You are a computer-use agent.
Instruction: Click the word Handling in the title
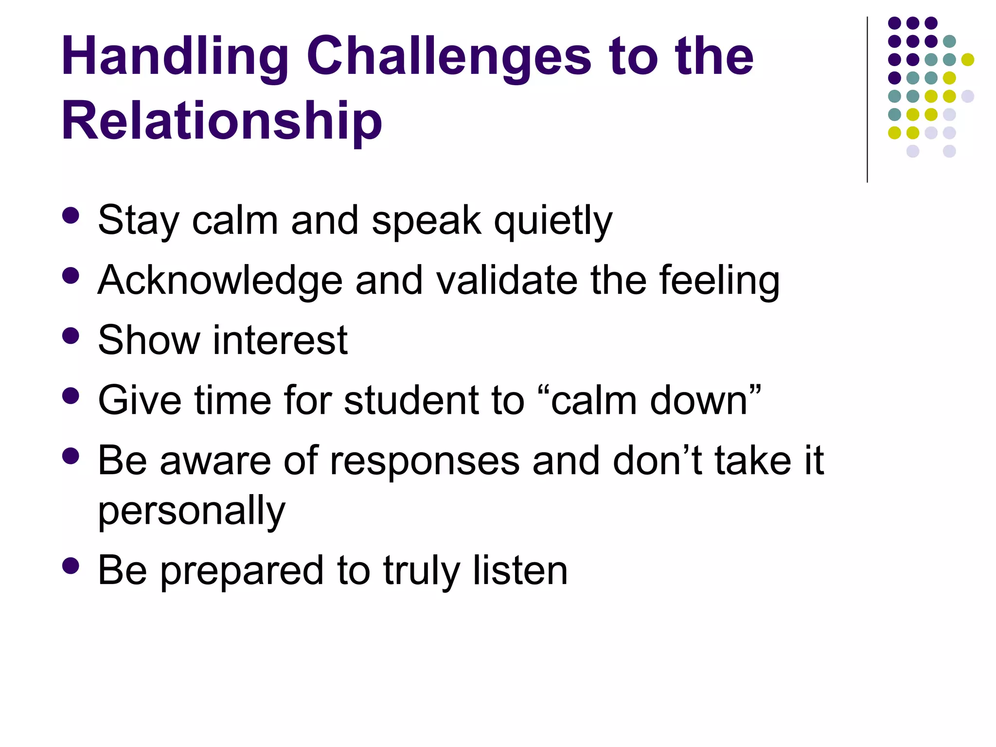(x=175, y=57)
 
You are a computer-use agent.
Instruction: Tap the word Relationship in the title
(x=222, y=122)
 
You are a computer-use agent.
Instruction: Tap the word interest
(x=280, y=340)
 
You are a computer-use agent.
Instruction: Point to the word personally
(x=192, y=512)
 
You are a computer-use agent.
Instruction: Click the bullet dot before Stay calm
(x=71, y=216)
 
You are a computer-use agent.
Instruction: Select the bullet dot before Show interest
(x=71, y=336)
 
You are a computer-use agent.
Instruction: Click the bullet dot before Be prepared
(x=71, y=566)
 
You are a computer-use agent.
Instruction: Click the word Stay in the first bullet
(x=138, y=221)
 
